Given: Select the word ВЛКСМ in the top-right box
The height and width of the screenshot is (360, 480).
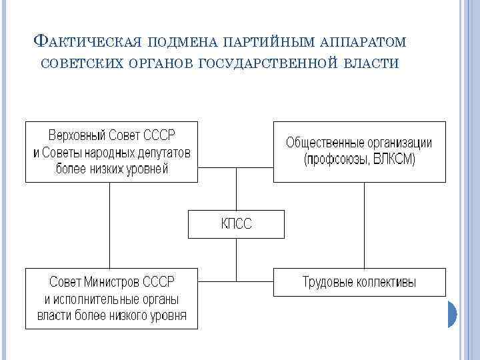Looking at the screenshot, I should [x=395, y=159].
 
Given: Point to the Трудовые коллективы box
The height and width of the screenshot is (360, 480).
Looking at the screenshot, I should [x=359, y=282].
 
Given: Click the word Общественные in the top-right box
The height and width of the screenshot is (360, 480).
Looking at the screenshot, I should [x=319, y=143].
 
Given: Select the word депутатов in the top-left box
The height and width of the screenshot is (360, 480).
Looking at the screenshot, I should [x=161, y=153].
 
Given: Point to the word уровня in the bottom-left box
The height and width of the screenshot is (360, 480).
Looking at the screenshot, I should [x=166, y=315].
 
